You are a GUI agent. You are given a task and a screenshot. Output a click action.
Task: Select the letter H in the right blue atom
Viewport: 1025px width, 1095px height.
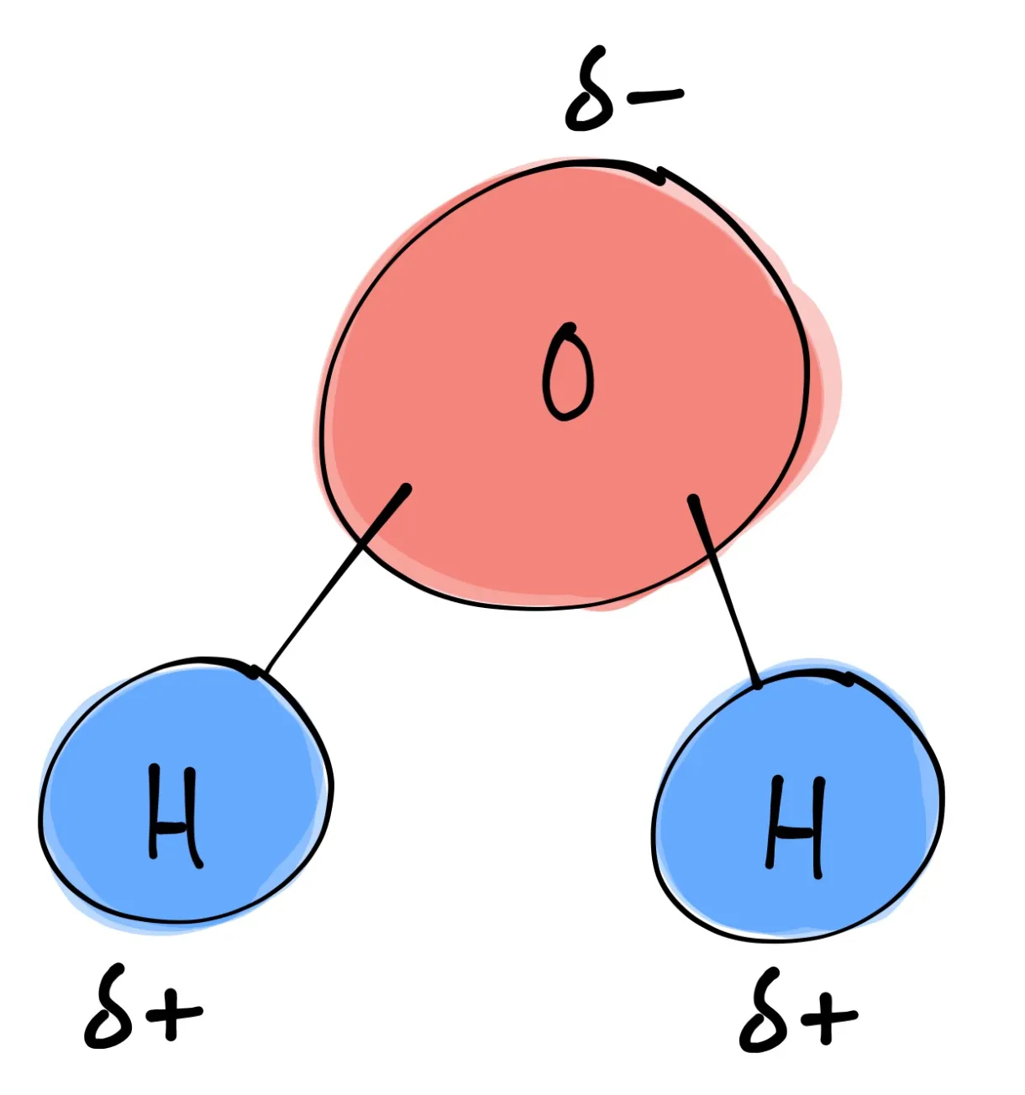(x=795, y=826)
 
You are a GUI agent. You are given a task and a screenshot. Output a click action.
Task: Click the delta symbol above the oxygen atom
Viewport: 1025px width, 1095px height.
(x=591, y=101)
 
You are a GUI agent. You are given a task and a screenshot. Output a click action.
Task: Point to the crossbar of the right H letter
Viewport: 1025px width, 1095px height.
(x=794, y=835)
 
